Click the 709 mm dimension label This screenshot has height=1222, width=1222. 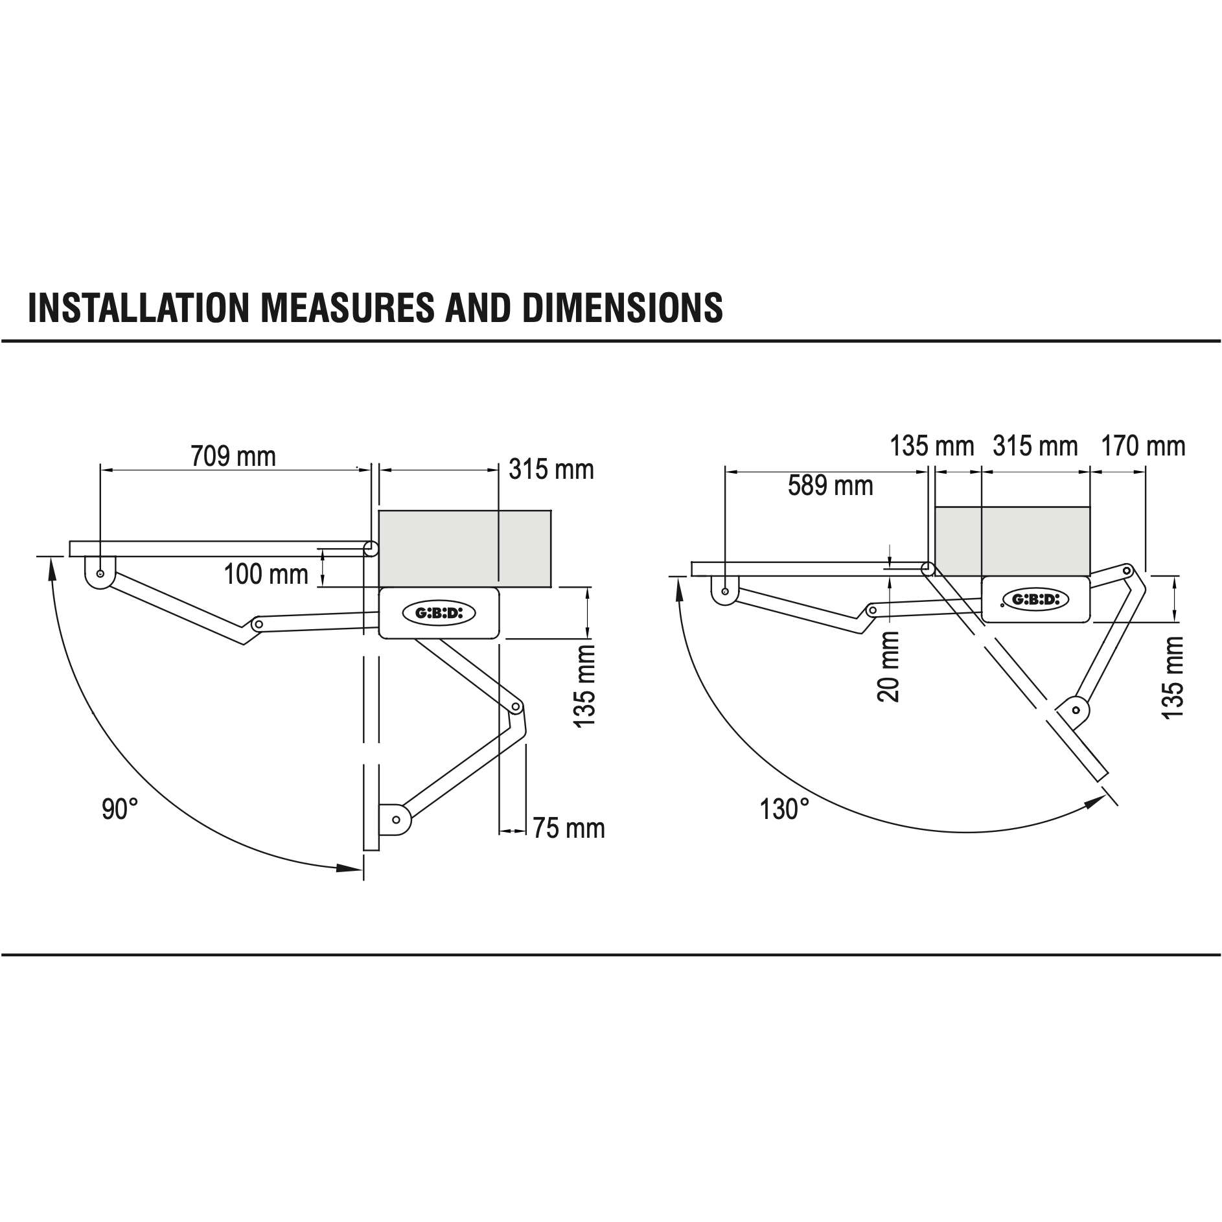[x=233, y=457]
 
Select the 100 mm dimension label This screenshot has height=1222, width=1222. [x=266, y=575]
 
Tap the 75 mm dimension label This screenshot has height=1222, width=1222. [x=569, y=829]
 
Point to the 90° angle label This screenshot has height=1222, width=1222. [x=120, y=809]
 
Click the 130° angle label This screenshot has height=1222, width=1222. [x=785, y=809]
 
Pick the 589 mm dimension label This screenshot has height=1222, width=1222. [x=831, y=485]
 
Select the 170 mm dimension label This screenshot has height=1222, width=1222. [x=1143, y=446]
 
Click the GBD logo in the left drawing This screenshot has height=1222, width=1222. [x=439, y=612]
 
